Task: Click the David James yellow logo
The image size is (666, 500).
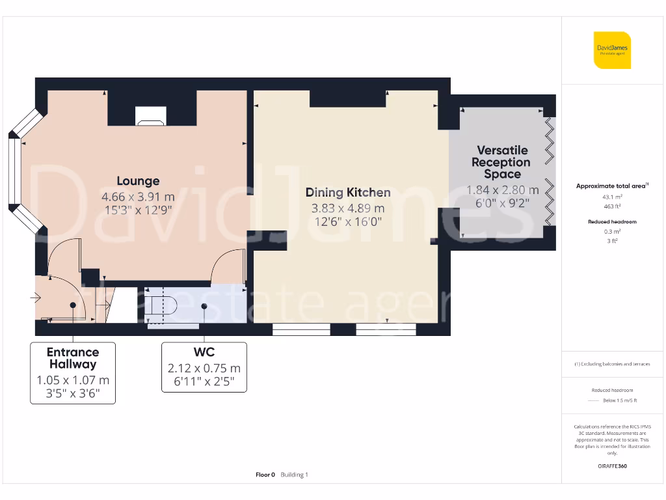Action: pos(612,50)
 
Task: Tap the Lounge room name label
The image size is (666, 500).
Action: pos(138,181)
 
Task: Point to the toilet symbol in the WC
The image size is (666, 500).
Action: pos(157,306)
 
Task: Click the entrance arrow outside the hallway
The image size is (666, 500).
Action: pos(35,298)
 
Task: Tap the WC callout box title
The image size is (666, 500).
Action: pos(204,352)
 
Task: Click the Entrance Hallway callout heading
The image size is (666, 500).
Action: pos(73,358)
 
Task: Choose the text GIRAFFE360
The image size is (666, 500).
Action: pos(611,466)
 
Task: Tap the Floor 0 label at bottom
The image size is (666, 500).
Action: pos(265,475)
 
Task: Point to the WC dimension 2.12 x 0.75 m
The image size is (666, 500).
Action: pos(204,368)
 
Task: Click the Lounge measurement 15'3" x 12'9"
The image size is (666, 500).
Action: pos(138,210)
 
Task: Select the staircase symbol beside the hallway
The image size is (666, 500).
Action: pos(104,303)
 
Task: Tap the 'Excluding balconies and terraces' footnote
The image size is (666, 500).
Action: pos(611,364)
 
